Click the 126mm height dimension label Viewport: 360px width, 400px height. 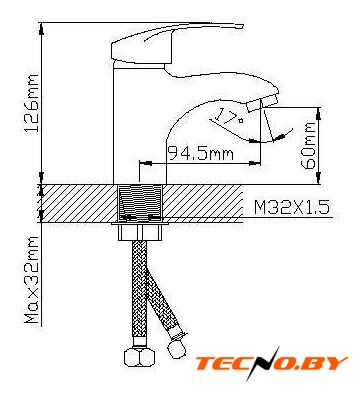pyautogui.click(x=32, y=103)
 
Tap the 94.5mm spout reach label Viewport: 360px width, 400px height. pyautogui.click(x=200, y=154)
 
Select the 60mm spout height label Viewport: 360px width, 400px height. pyautogui.click(x=308, y=146)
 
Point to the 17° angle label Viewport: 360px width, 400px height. pyautogui.click(x=228, y=116)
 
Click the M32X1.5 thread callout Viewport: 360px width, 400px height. pyautogui.click(x=292, y=207)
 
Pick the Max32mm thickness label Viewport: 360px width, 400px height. pyautogui.click(x=32, y=280)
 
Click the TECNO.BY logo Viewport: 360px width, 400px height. pyautogui.click(x=271, y=363)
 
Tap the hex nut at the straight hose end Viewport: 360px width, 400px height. pyautogui.click(x=140, y=357)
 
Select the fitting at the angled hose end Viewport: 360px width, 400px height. pyautogui.click(x=175, y=345)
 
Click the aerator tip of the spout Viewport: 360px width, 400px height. pyautogui.click(x=263, y=102)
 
